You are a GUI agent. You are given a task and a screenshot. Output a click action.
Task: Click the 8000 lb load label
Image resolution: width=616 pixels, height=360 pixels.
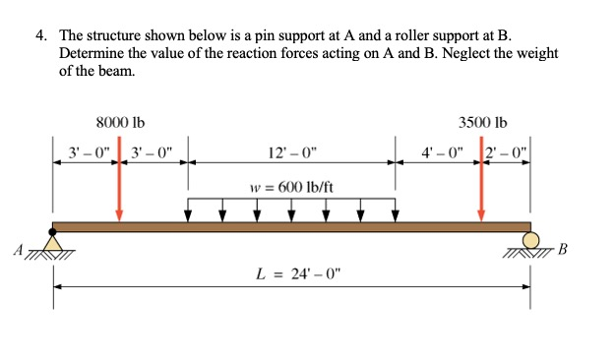[120, 123]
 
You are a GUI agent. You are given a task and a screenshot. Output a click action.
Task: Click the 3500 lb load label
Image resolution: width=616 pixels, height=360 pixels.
[482, 123]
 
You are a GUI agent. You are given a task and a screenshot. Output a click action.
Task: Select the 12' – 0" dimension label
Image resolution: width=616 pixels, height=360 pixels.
[292, 153]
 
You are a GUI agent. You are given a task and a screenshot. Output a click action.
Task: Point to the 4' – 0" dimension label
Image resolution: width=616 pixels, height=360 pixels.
[440, 153]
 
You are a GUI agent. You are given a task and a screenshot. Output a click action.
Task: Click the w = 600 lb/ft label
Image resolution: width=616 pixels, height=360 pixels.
[292, 187]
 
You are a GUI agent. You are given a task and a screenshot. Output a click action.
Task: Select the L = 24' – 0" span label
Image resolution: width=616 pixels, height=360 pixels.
[292, 271]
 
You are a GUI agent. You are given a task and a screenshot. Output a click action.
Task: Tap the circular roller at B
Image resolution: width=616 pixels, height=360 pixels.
[531, 239]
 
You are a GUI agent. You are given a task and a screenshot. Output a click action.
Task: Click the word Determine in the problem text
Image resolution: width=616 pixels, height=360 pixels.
[95, 52]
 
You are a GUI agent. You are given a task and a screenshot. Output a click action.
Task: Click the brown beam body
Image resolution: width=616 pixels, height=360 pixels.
[292, 227]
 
